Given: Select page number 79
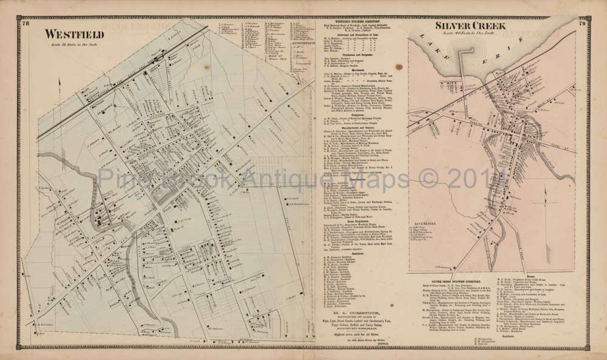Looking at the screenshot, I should [x=581, y=24].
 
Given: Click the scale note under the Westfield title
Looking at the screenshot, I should [x=69, y=44].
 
